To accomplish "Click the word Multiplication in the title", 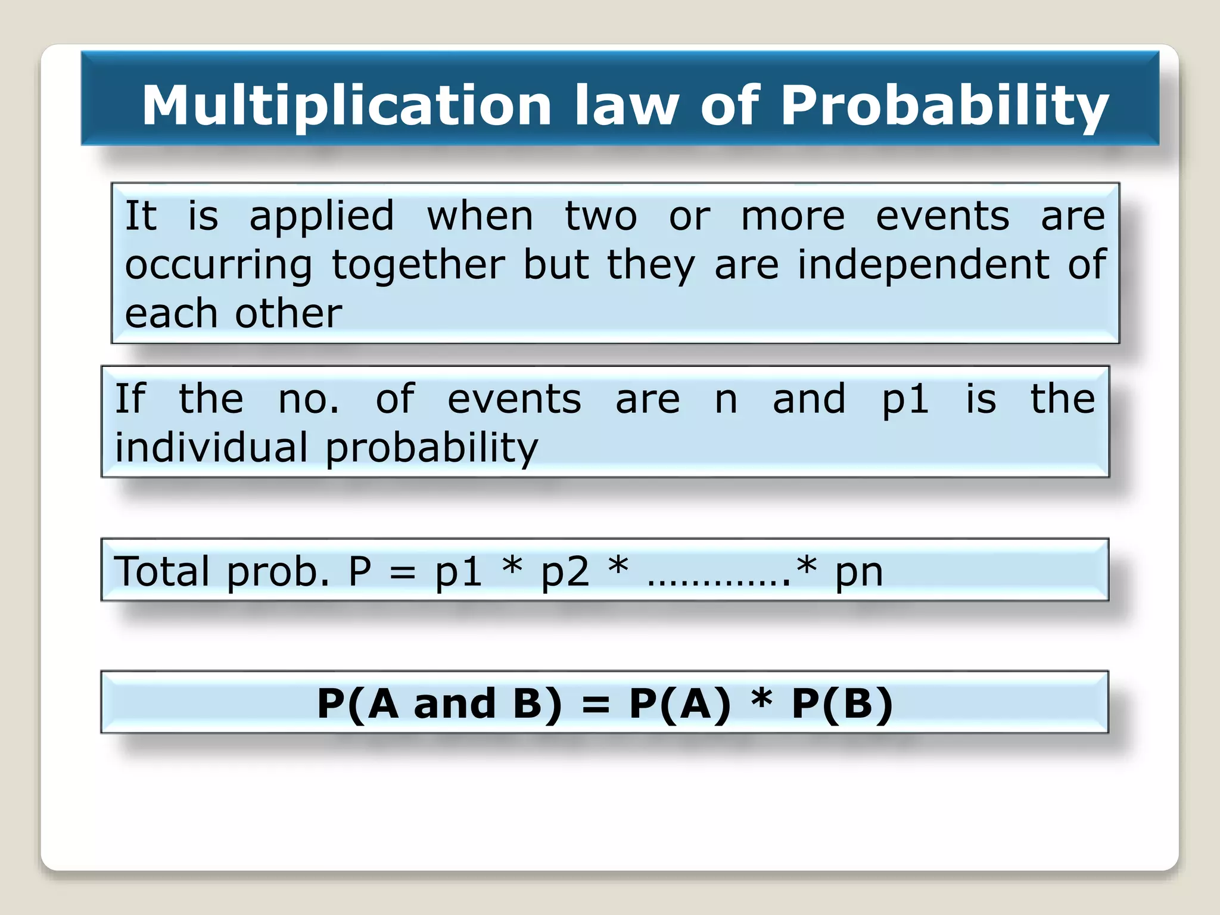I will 347,105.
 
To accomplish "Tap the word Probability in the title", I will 944,105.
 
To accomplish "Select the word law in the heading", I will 626,105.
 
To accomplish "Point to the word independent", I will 923,265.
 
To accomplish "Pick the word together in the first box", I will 418,265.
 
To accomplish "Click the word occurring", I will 219,265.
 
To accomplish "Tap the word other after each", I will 288,313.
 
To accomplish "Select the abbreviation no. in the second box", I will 309,399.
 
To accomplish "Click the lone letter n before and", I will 726,399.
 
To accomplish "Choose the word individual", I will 211,447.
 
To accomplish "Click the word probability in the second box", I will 431,447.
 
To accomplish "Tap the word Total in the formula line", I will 161,571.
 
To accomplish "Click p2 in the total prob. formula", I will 565,571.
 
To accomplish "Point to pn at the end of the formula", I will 858,571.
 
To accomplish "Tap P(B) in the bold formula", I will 842,704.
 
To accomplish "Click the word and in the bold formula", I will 455,704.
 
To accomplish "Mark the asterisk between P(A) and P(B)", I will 761,698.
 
